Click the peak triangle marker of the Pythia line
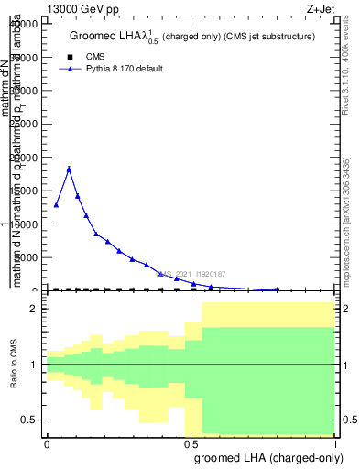tap(69, 169)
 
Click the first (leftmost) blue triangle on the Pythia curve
tap(56, 205)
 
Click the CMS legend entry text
tap(94, 56)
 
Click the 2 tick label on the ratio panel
tap(32, 309)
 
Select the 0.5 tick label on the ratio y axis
tap(27, 420)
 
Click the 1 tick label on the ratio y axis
tap(32, 365)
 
